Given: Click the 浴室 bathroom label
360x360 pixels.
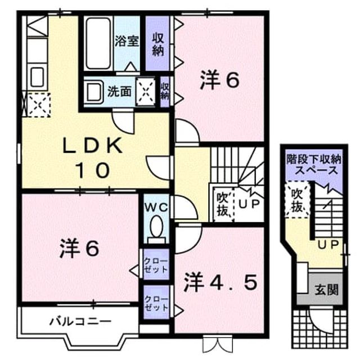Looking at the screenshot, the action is point(127,41).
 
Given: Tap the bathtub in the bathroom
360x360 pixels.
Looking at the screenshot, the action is point(98,43).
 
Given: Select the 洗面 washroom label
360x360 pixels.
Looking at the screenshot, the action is point(119,91).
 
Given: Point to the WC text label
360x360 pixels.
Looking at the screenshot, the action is point(156,208).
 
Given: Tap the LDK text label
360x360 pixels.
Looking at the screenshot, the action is point(92,146).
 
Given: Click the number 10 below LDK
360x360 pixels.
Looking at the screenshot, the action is point(92,170).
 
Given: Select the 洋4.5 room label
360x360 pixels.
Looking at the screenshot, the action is point(220,282).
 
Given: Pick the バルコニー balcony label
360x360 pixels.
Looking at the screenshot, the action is point(80,321).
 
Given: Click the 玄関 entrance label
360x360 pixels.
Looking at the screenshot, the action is point(326,290).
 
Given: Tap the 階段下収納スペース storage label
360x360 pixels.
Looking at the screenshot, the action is point(314,165).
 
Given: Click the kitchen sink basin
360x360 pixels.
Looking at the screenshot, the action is point(37,77).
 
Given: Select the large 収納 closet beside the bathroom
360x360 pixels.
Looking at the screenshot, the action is point(157,44).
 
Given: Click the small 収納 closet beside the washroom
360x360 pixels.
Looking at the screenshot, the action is point(165,92).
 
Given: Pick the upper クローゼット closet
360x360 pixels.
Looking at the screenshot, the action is point(156,264).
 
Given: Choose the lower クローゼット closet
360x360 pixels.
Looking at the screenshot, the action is point(156,302).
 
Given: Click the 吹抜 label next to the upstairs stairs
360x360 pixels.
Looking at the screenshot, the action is point(223,204).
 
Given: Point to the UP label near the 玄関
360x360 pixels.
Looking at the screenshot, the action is point(328,244).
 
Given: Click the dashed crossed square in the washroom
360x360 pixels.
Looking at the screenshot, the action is point(146,92).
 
